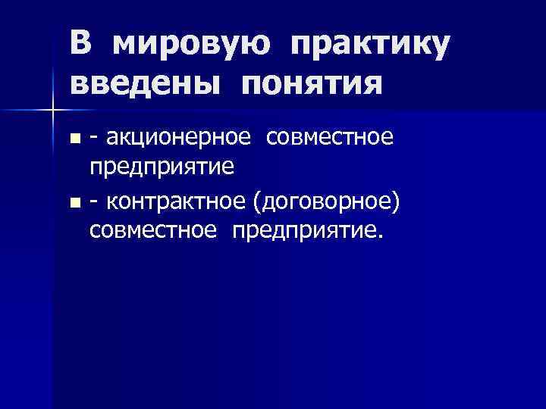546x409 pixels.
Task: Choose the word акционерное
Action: coord(178,139)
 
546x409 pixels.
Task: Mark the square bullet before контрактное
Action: coord(74,201)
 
